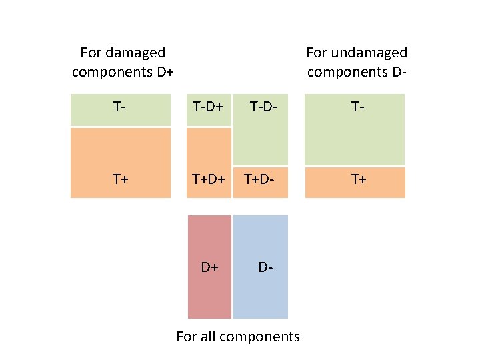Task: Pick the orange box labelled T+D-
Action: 261,181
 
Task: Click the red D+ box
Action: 209,267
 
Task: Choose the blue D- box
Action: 261,267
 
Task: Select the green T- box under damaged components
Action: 120,109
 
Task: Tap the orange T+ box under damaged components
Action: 120,163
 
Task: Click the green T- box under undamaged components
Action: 355,129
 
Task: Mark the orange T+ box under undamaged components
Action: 355,182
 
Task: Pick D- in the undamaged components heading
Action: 397,71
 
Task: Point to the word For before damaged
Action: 90,52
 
